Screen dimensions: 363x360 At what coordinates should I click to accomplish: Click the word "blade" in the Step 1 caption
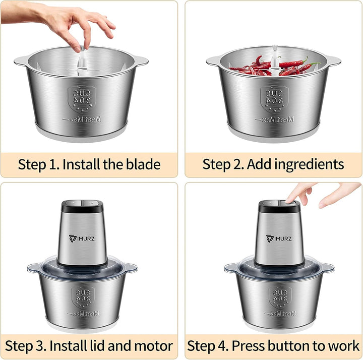coord(143,164)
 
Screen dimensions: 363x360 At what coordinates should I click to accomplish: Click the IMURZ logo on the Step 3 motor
coord(82,238)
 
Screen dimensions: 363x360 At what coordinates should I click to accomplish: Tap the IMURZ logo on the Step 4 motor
coord(279,238)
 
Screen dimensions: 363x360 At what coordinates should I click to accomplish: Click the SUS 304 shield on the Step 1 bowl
coord(82,99)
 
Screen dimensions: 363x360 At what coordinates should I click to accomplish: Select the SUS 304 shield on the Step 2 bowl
coord(274,99)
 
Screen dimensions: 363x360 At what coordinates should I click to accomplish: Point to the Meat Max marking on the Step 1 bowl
coord(82,119)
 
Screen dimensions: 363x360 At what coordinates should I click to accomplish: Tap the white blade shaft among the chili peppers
coord(275,60)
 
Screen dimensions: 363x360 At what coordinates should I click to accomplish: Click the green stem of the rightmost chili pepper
coord(315,64)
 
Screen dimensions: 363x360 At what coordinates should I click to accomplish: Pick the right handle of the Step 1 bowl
coord(141,61)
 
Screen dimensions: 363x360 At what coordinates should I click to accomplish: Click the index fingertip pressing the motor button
coord(289,201)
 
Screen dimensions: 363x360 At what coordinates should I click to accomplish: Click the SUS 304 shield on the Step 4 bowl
coord(280,297)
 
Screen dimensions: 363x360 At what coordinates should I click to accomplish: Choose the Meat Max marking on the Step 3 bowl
coord(83,314)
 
